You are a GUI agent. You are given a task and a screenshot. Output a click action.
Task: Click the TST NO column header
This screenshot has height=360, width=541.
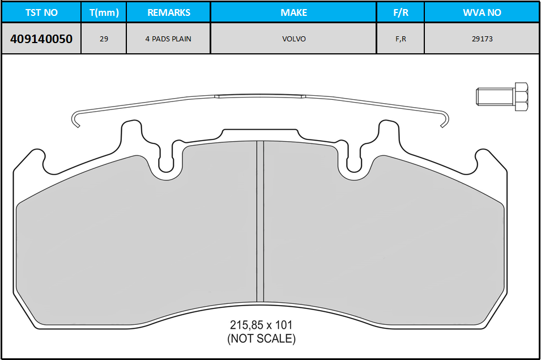pyautogui.click(x=41, y=12)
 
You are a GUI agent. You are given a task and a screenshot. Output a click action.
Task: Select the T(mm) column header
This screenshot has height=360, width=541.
pyautogui.click(x=104, y=12)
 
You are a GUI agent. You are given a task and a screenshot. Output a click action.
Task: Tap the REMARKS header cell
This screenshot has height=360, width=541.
pyautogui.click(x=169, y=12)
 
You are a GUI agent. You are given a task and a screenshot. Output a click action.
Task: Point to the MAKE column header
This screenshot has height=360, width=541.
pyautogui.click(x=293, y=12)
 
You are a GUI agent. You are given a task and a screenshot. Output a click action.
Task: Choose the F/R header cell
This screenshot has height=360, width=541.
pyautogui.click(x=401, y=12)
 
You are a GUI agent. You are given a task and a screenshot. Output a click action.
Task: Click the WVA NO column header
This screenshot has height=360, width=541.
pyautogui.click(x=482, y=12)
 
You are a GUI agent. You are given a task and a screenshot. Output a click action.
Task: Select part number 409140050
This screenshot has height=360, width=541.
pyautogui.click(x=41, y=39)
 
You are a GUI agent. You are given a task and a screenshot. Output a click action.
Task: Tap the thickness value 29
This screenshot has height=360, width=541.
pyautogui.click(x=104, y=39)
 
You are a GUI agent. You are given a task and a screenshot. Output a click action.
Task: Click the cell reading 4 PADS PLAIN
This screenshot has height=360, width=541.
pyautogui.click(x=168, y=39)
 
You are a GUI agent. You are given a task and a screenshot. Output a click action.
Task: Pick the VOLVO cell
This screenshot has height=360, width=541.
pyautogui.click(x=294, y=39)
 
